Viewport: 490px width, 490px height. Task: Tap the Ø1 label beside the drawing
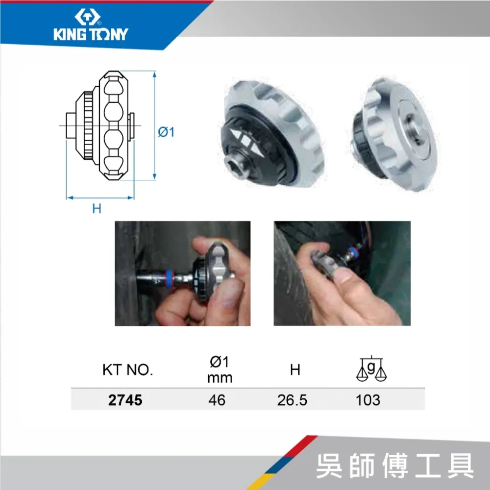pyautogui.click(x=166, y=132)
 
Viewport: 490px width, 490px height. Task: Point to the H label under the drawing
pyautogui.click(x=97, y=208)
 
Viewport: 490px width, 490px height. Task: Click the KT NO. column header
pyautogui.click(x=127, y=370)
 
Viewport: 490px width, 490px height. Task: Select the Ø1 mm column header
pyautogui.click(x=220, y=369)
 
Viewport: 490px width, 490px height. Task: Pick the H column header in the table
pyautogui.click(x=295, y=370)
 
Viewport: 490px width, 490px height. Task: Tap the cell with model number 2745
pyautogui.click(x=125, y=400)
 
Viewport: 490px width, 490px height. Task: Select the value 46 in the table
pyautogui.click(x=217, y=400)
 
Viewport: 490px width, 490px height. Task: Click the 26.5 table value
pyautogui.click(x=292, y=400)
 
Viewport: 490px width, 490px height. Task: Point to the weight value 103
pyautogui.click(x=368, y=400)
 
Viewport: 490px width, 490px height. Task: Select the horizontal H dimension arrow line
pyautogui.click(x=100, y=197)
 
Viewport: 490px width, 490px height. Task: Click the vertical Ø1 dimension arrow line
pyautogui.click(x=154, y=125)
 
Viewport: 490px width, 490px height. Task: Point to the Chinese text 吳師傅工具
pyautogui.click(x=395, y=465)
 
